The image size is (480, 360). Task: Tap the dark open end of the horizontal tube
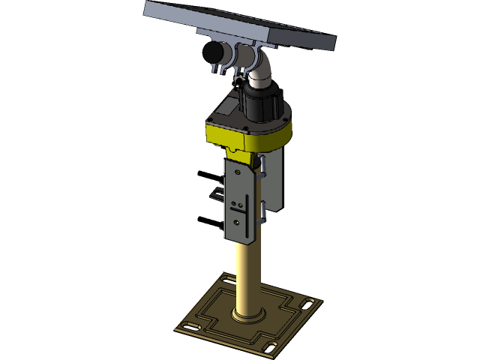pos(211,53)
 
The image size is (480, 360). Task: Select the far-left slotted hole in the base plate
pos(190,327)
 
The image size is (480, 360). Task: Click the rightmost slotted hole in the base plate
pos(308,304)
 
